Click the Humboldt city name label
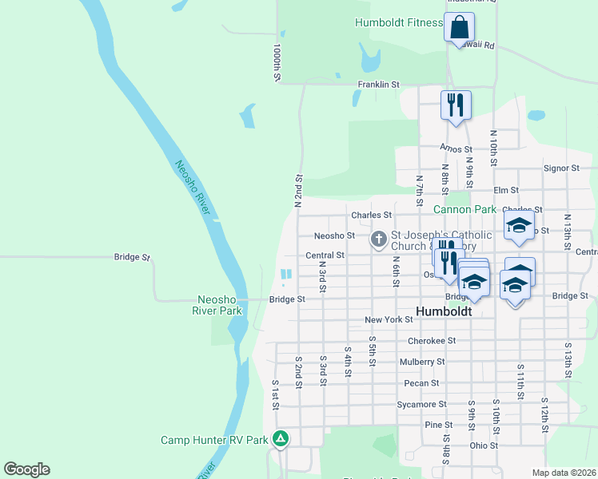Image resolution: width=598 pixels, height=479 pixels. coord(444,310)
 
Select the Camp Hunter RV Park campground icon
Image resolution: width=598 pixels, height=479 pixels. coord(281,438)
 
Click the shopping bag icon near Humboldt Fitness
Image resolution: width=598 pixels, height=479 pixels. coord(459,27)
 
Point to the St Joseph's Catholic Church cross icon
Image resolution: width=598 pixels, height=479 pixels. coord(380,239)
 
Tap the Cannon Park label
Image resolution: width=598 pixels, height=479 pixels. coord(464,210)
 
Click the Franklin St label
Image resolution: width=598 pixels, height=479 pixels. coord(378,84)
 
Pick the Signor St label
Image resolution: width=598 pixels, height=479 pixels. coord(560,168)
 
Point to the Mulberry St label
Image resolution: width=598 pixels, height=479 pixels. coord(421,362)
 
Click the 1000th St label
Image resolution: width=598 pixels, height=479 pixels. coord(276,62)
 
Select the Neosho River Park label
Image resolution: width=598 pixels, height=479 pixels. coord(220,305)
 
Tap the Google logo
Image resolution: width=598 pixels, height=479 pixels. coord(26,469)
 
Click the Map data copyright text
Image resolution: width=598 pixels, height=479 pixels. coord(564,473)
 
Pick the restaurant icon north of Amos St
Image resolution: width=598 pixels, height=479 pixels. coord(456,105)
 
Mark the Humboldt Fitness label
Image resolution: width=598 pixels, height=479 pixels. coord(398,23)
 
